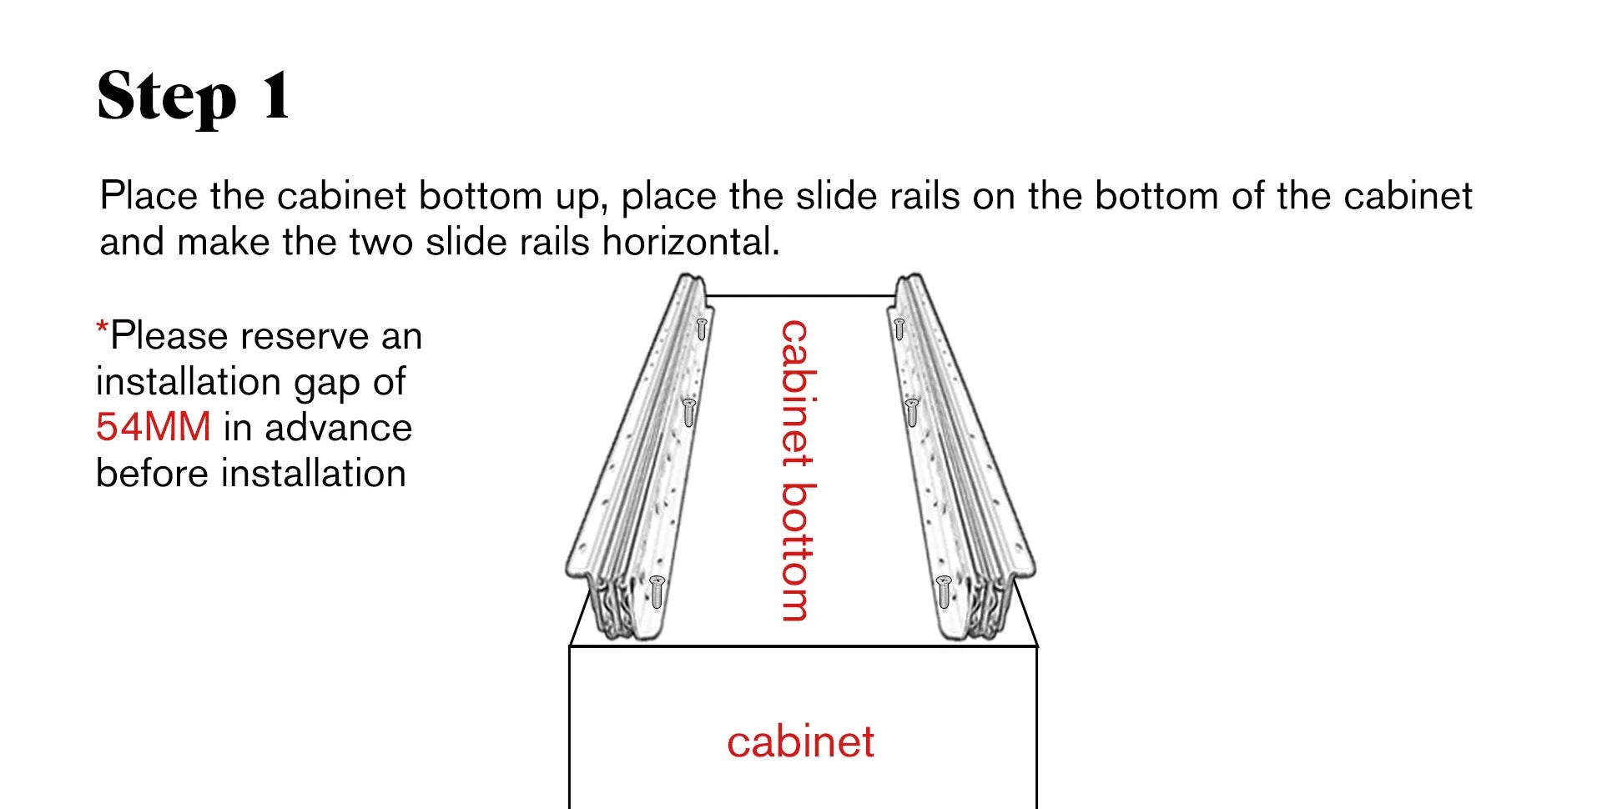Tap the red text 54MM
click(x=154, y=427)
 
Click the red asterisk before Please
click(x=102, y=327)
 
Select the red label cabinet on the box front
click(x=800, y=741)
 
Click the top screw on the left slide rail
click(x=702, y=329)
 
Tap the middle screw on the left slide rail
click(x=689, y=413)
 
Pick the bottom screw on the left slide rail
click(x=657, y=591)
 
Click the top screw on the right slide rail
click(x=899, y=329)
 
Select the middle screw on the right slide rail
click(x=912, y=413)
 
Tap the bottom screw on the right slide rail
click(x=944, y=591)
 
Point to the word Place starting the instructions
click(x=149, y=196)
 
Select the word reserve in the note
click(x=304, y=336)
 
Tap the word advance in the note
click(x=339, y=427)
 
